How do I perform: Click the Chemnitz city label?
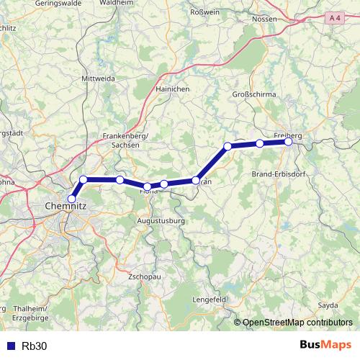click(x=66, y=206)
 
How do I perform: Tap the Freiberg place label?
click(x=288, y=134)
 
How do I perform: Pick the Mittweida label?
click(x=99, y=77)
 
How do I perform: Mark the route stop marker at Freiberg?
click(x=288, y=142)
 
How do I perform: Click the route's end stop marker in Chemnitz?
click(x=71, y=199)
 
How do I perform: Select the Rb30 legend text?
click(x=35, y=346)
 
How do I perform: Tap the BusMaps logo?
click(x=326, y=345)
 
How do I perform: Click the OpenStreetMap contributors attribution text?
click(x=297, y=323)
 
